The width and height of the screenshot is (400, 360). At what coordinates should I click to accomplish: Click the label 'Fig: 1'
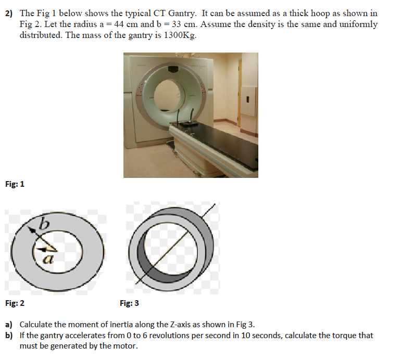(15, 184)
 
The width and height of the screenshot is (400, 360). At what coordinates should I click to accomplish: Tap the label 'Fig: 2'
(15, 303)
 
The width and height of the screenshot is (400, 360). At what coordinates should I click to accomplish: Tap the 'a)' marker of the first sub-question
(9, 324)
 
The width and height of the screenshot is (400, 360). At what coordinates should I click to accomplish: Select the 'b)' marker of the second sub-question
(9, 336)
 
